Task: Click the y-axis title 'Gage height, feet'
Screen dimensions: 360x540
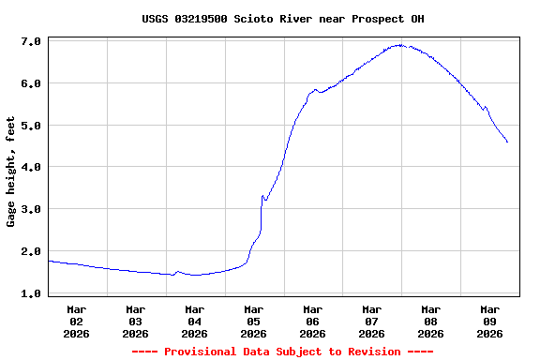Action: pos(11,172)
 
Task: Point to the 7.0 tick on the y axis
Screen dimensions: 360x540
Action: pos(30,42)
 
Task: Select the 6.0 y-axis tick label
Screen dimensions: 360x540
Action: pos(30,83)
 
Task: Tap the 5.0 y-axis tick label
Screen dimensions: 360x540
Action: pos(30,126)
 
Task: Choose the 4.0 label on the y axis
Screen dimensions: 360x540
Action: pos(30,167)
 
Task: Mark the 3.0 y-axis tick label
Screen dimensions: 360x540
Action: pos(30,209)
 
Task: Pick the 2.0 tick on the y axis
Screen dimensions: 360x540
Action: pos(30,251)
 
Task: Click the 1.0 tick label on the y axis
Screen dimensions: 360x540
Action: pos(30,293)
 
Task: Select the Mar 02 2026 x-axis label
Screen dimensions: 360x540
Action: pos(77,321)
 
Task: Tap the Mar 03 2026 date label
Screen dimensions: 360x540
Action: pos(136,321)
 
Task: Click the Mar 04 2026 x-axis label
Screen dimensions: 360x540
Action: pos(195,321)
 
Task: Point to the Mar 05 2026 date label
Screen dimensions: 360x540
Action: pos(254,321)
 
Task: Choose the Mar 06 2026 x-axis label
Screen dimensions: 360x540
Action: pos(313,321)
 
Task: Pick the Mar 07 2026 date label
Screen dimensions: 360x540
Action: pos(372,321)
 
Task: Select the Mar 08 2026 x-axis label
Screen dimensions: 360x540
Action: pos(431,321)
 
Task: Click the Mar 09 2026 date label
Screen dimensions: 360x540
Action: pos(490,321)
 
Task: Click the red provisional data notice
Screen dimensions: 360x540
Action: pos(282,352)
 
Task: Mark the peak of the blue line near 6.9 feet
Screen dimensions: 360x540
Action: pos(400,44)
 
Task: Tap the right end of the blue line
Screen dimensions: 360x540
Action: pos(507,142)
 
